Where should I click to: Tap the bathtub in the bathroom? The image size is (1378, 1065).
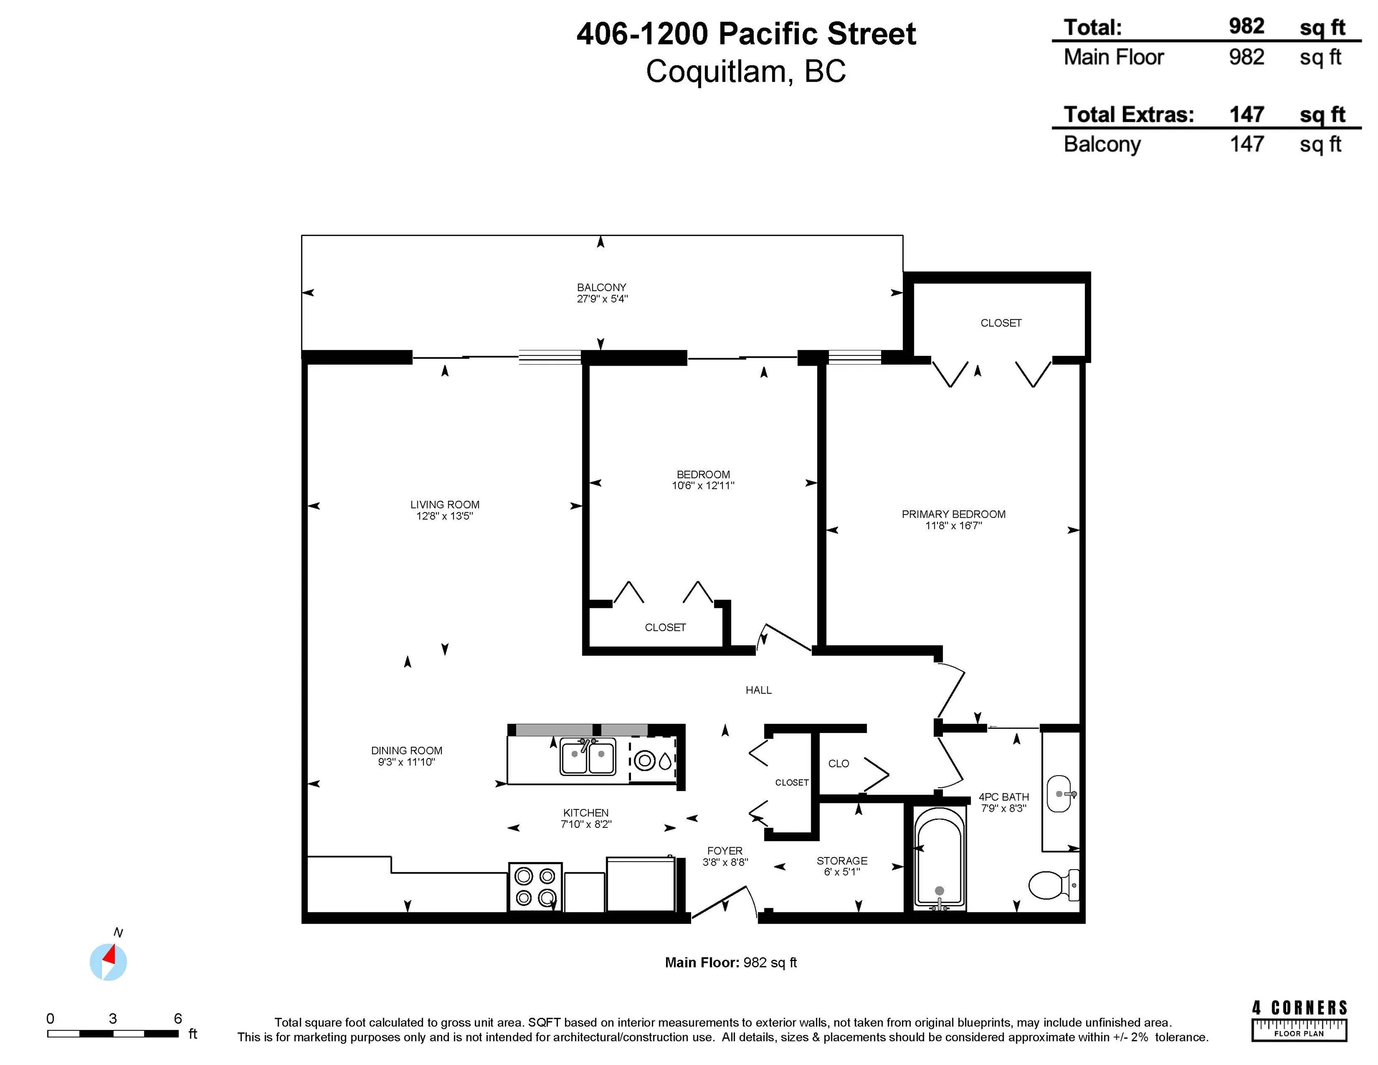939,859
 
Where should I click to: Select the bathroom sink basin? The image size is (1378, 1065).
1060,794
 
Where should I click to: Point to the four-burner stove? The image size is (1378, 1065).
535,887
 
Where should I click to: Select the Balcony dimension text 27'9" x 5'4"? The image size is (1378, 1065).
602,299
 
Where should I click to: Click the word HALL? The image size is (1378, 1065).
759,690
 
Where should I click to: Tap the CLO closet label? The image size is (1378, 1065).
839,764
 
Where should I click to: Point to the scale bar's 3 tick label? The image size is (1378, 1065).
112,1018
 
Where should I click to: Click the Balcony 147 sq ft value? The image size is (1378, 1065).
1247,144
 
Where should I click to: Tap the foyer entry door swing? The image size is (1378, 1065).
724,901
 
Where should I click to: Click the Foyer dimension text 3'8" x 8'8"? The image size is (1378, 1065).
725,862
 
